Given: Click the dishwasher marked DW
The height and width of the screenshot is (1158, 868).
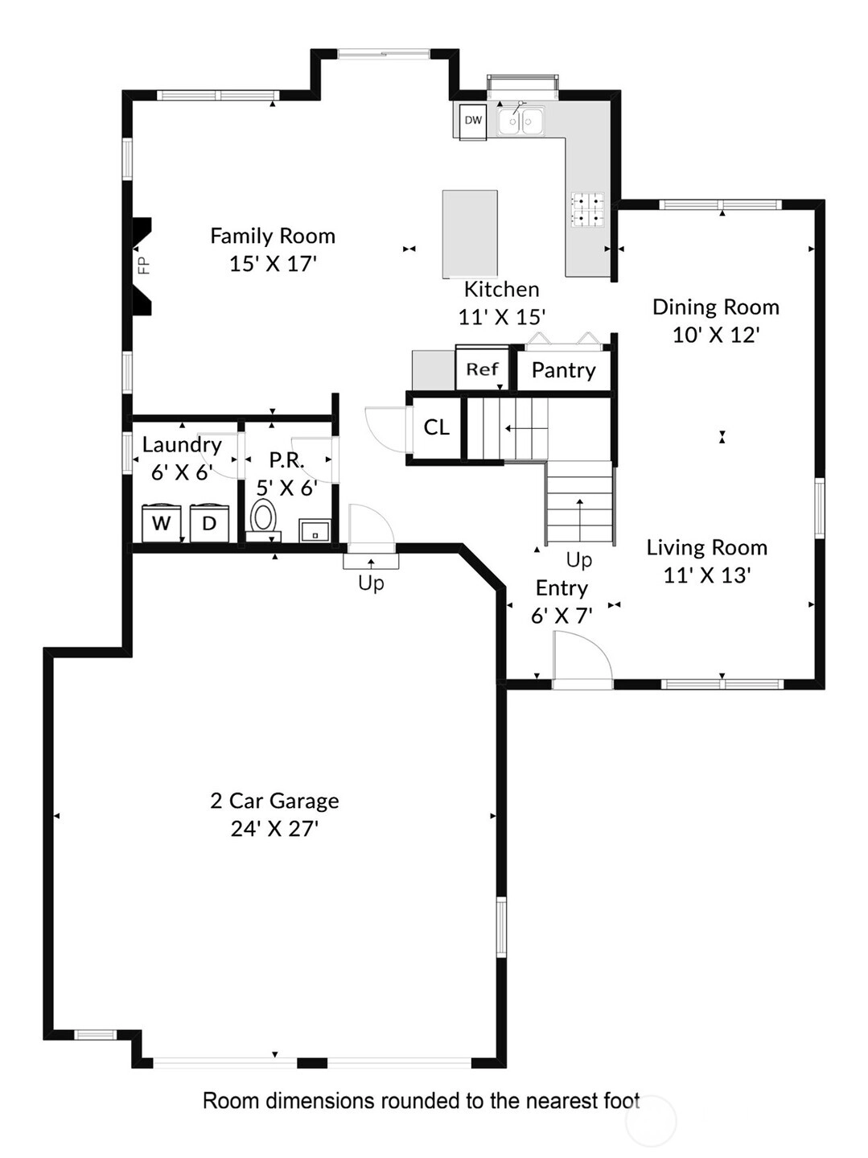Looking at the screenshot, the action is [473, 121].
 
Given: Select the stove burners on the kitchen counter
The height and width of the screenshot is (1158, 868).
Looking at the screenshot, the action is [587, 209].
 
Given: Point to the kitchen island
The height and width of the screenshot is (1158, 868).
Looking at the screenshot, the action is [470, 234].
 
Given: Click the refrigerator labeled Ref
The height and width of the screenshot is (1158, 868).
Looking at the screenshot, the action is [482, 369].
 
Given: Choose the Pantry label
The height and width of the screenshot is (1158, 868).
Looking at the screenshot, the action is [563, 370].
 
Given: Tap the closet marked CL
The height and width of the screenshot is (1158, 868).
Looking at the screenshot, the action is [437, 427].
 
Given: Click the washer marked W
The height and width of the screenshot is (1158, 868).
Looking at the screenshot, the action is [162, 523].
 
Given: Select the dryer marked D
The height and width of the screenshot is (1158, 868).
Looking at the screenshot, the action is [209, 523].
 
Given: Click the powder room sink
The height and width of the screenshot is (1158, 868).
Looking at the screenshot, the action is [315, 530].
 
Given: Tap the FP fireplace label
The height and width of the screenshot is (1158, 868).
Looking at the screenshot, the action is [144, 265].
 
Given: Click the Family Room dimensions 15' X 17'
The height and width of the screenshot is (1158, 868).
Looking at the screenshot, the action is [273, 264].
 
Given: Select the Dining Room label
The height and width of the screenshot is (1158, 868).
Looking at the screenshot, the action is [716, 307].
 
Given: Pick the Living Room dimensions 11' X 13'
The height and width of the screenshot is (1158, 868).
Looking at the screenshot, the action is [706, 575].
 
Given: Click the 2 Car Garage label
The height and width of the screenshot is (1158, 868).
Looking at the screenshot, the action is [274, 801].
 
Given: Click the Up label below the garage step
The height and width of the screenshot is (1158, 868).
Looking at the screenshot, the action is [371, 583].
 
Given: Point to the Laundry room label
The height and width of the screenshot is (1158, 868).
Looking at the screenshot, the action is [182, 445].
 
